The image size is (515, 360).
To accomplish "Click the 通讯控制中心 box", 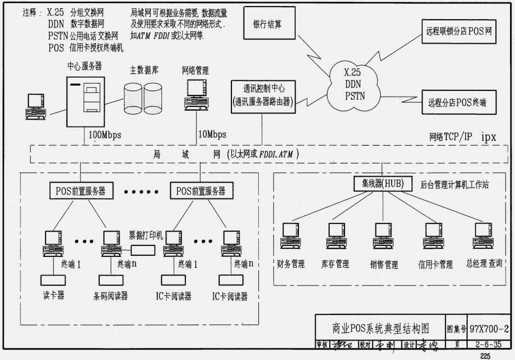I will [x=263, y=94].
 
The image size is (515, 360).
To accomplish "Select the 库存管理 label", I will [x=335, y=264].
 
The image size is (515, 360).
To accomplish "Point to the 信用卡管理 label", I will [x=435, y=265].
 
